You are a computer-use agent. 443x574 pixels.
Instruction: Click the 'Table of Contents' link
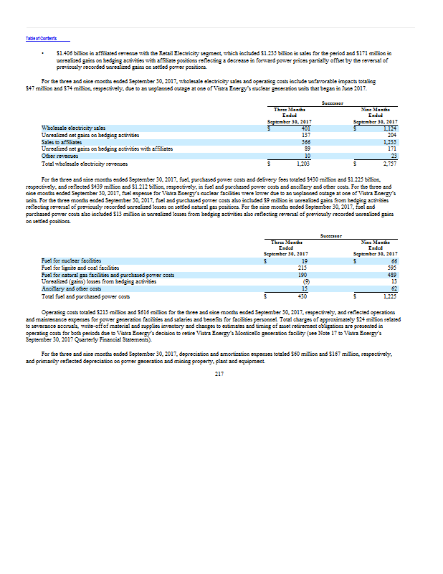coord(36,38)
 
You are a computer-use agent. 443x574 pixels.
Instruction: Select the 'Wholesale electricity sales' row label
coord(74,128)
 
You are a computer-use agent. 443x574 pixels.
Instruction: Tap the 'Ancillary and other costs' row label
coord(70,288)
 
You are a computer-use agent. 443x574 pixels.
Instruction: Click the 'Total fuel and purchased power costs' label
coord(85,296)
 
